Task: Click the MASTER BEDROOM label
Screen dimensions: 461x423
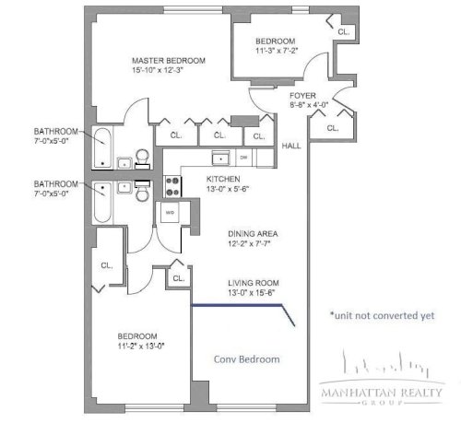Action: pyautogui.click(x=169, y=61)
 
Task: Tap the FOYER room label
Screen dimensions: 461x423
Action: pyautogui.click(x=302, y=96)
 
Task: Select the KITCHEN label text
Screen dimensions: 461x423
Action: pyautogui.click(x=223, y=179)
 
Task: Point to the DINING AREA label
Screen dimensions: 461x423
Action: pyautogui.click(x=253, y=234)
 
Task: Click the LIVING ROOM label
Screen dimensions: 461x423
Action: pyautogui.click(x=254, y=283)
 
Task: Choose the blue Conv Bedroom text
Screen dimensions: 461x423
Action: pyautogui.click(x=247, y=359)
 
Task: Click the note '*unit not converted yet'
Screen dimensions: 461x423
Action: pyautogui.click(x=382, y=315)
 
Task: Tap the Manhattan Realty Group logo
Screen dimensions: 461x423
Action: pyautogui.click(x=382, y=377)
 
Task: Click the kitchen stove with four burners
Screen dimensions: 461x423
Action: pyautogui.click(x=172, y=186)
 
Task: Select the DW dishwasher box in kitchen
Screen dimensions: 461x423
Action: pyautogui.click(x=243, y=158)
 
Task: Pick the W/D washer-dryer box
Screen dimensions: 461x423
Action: pyautogui.click(x=170, y=212)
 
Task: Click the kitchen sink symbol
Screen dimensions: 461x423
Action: pyautogui.click(x=220, y=159)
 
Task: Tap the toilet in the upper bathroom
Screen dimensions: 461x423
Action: pyautogui.click(x=142, y=159)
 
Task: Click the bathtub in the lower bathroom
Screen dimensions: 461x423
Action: pyautogui.click(x=102, y=202)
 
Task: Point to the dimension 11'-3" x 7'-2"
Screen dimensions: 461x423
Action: pyautogui.click(x=277, y=51)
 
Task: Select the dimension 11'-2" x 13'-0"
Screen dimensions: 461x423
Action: pyautogui.click(x=141, y=346)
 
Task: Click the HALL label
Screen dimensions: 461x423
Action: pyautogui.click(x=291, y=146)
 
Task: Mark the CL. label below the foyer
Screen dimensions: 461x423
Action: pyautogui.click(x=333, y=128)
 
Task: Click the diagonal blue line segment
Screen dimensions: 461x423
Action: pyautogui.click(x=289, y=315)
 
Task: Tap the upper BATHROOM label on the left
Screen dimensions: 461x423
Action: pyautogui.click(x=55, y=132)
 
